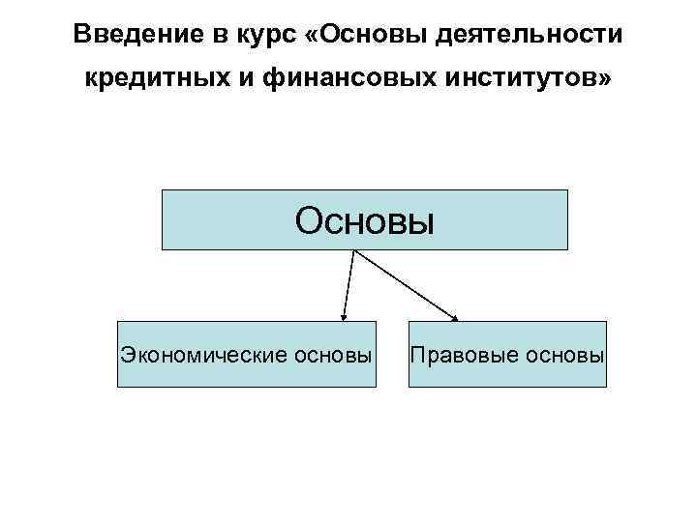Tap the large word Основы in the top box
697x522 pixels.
[365, 220]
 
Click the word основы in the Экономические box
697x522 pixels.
[329, 355]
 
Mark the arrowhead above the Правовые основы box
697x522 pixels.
[455, 316]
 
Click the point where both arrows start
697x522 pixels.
[356, 251]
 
